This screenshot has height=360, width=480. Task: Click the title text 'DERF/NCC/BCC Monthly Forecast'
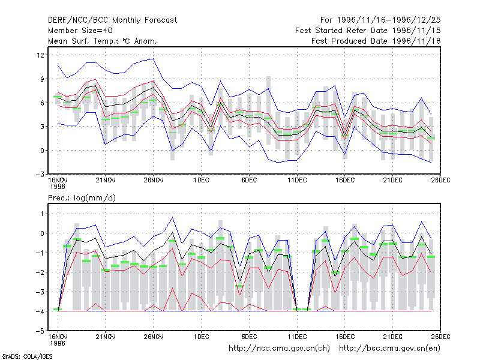pos(112,20)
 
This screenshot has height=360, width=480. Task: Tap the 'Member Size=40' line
pos(80,31)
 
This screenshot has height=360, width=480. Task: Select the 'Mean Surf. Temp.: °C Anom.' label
pos(103,41)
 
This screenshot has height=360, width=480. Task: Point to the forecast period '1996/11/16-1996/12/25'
pos(389,20)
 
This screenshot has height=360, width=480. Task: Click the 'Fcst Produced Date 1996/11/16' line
pos(376,41)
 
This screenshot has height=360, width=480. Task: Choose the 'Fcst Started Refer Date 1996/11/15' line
pos(368,31)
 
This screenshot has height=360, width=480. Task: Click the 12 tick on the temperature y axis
pos(40,55)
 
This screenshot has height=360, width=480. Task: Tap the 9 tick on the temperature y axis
pos(42,79)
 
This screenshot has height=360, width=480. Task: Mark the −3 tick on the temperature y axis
pos(40,175)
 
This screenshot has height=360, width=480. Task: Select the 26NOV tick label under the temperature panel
pos(154,181)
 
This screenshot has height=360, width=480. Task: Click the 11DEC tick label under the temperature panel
pos(297,181)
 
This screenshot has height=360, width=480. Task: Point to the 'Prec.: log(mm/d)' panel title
pos(82,198)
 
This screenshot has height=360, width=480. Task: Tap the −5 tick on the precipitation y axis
pos(40,331)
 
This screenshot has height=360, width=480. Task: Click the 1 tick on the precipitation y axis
pos(42,214)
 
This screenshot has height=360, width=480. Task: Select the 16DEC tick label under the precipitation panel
pos(344,337)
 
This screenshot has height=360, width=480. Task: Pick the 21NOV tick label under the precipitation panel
pos(106,337)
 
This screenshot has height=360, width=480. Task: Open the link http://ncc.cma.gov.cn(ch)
pos(279,349)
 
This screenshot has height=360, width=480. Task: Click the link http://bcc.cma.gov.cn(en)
pos(389,349)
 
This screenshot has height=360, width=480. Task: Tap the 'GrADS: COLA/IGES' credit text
pos(27,356)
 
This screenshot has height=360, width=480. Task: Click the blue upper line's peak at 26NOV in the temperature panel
pos(153,59)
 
